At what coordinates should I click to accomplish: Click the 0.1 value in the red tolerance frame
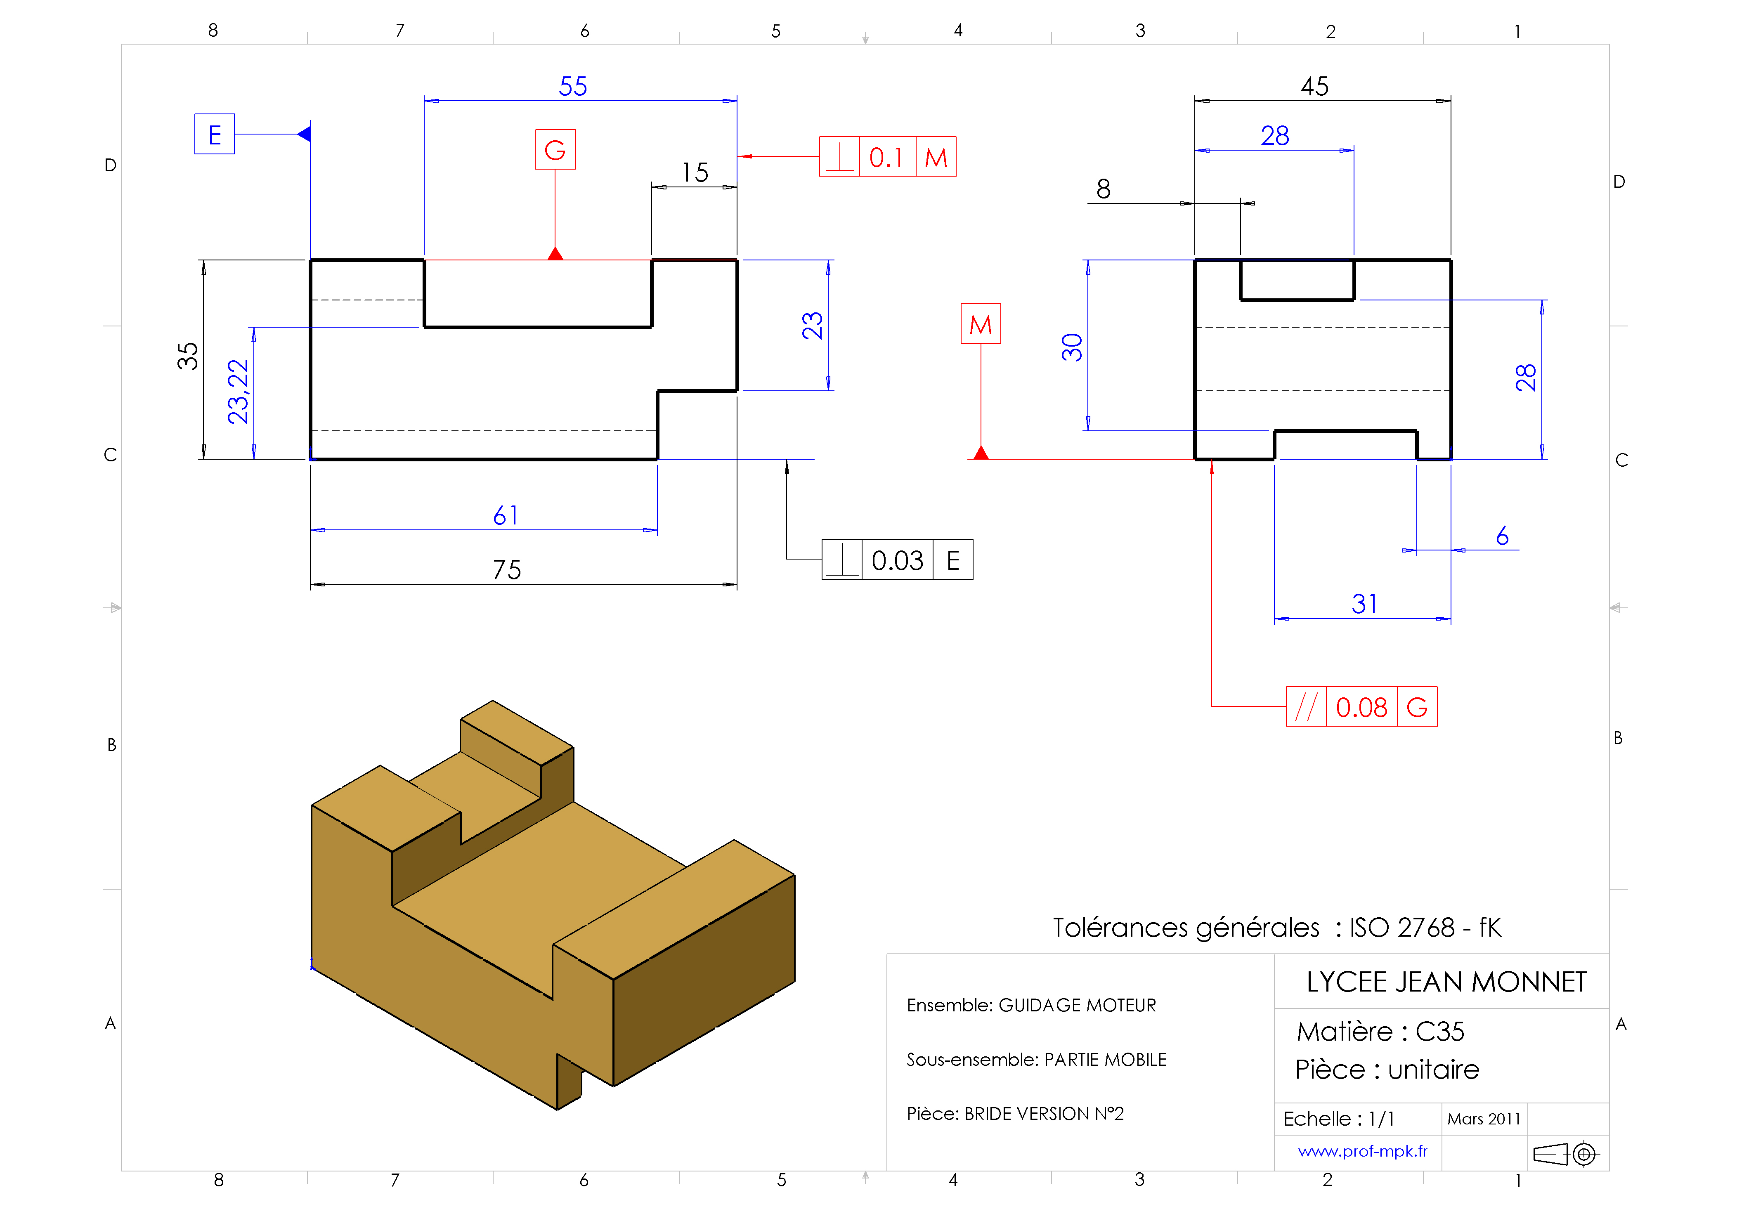(x=886, y=157)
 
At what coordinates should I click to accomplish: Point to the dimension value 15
(x=695, y=172)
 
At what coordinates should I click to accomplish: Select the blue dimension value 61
(x=506, y=516)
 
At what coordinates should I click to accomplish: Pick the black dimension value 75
(x=507, y=570)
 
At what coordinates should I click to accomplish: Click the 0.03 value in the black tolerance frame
(x=897, y=561)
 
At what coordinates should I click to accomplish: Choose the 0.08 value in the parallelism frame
(x=1361, y=707)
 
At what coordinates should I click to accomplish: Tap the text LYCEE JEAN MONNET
(x=1446, y=982)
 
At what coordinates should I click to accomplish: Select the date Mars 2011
(x=1484, y=1119)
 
